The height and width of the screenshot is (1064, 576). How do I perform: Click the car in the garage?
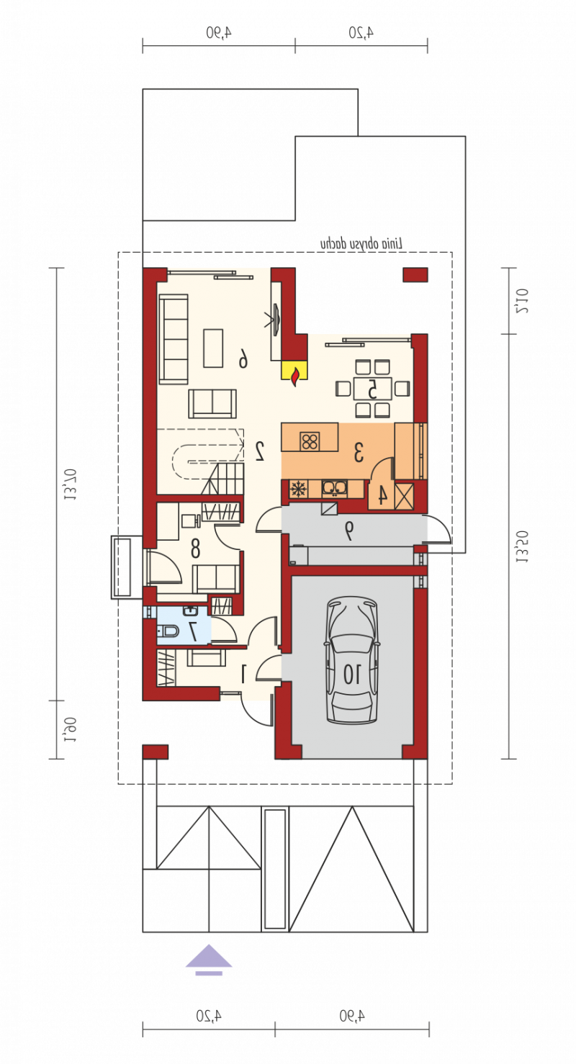pyautogui.click(x=351, y=660)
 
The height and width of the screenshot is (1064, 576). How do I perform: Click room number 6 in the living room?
pyautogui.click(x=243, y=359)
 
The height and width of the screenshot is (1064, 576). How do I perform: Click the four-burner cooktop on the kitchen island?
pyautogui.click(x=310, y=441)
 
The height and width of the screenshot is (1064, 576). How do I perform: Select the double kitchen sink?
pyautogui.click(x=335, y=488)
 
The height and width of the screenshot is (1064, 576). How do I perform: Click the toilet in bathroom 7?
pyautogui.click(x=168, y=631)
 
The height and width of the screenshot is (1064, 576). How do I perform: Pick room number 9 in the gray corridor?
pyautogui.click(x=348, y=531)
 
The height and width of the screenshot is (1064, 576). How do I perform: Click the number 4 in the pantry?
pyautogui.click(x=382, y=495)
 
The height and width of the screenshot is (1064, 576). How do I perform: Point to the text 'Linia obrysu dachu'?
pyautogui.click(x=361, y=243)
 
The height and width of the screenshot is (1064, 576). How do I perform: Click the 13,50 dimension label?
pyautogui.click(x=522, y=546)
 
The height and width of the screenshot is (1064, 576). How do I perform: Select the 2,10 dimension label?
pyautogui.click(x=522, y=301)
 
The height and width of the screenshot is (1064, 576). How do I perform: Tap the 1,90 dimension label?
pyautogui.click(x=70, y=729)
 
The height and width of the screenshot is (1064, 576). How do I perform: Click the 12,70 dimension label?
pyautogui.click(x=71, y=484)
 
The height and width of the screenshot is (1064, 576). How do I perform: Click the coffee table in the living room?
pyautogui.click(x=213, y=348)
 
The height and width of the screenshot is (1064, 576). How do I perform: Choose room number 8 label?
pyautogui.click(x=195, y=548)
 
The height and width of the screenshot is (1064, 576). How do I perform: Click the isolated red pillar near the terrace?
pyautogui.click(x=415, y=274)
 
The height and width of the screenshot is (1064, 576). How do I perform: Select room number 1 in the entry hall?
pyautogui.click(x=244, y=674)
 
